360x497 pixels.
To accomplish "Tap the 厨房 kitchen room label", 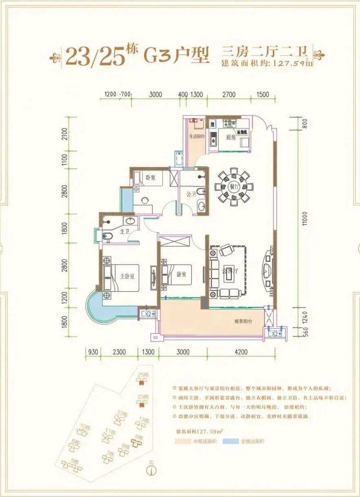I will click(231, 138).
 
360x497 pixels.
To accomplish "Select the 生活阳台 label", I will click(196, 136).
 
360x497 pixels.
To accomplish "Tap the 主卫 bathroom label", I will click(124, 231).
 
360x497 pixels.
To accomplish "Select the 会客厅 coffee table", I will click(230, 271).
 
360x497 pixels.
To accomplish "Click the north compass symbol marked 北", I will click(151, 470).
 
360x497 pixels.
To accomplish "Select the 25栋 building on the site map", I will click(142, 382).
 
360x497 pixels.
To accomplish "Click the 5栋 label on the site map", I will click(75, 462).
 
